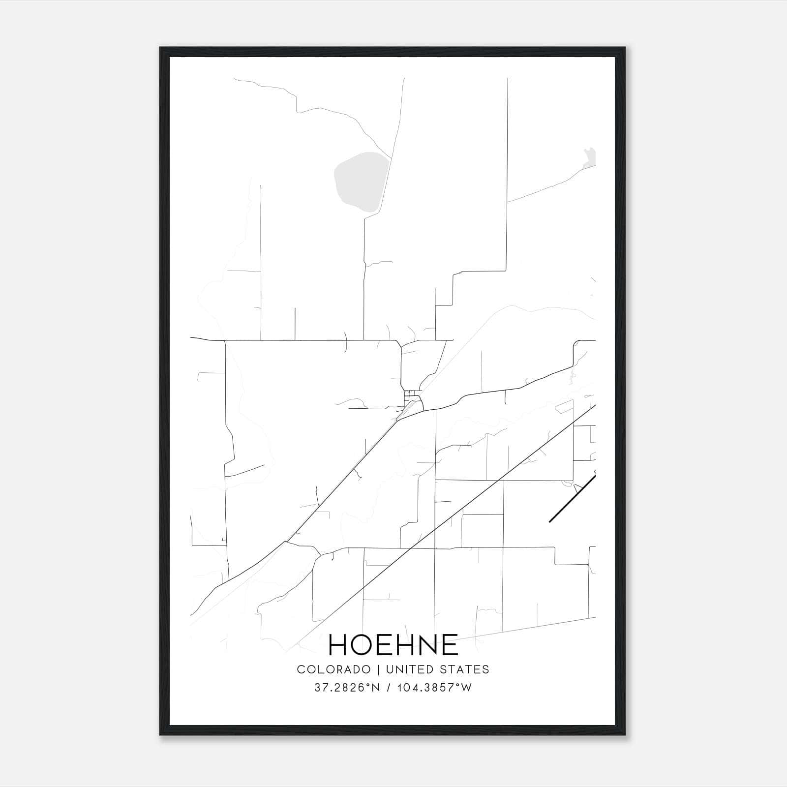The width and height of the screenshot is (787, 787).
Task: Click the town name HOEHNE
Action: click(393, 645)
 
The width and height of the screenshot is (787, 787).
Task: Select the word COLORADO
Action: click(333, 669)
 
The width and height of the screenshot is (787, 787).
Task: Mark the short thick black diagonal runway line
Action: click(572, 497)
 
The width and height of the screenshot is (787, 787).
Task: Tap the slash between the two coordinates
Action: click(389, 688)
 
